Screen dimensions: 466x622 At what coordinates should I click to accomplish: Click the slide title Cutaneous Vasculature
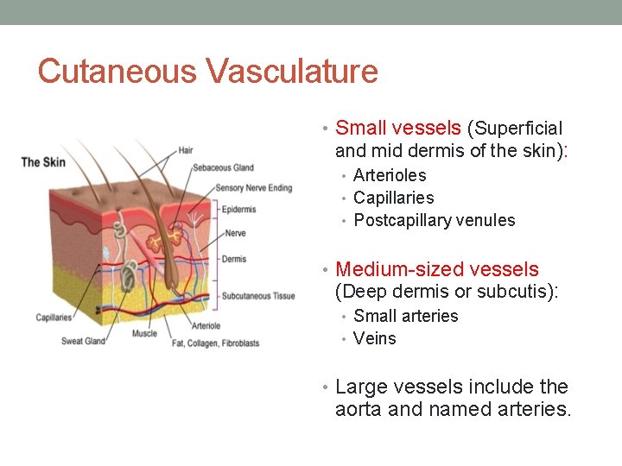point(207,71)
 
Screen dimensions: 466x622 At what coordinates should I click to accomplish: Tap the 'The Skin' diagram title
point(43,161)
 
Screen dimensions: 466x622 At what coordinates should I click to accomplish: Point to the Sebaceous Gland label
point(223,167)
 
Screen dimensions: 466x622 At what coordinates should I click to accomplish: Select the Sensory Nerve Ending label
point(254,188)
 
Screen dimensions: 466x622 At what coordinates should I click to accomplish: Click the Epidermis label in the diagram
point(238,210)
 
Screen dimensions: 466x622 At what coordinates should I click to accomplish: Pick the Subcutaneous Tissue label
point(258,296)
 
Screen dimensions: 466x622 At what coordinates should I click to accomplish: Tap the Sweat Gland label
point(83,341)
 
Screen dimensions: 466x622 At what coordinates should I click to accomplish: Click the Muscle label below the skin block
point(145,333)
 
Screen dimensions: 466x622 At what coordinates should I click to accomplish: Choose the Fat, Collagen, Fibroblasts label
point(216,343)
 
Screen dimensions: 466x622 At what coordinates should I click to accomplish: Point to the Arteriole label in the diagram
point(206,326)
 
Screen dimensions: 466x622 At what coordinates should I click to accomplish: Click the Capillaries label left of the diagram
point(54,318)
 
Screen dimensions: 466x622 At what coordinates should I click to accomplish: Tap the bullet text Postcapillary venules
point(434,220)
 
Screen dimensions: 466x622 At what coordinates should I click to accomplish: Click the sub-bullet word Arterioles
point(390,175)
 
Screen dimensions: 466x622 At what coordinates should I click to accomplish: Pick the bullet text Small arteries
point(405,316)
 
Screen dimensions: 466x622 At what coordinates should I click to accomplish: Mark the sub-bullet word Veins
point(374,338)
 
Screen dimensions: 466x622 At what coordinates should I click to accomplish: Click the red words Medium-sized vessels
point(436,269)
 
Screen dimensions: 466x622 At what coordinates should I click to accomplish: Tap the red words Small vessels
point(397,129)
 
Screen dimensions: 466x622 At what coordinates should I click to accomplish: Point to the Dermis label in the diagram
point(234,259)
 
